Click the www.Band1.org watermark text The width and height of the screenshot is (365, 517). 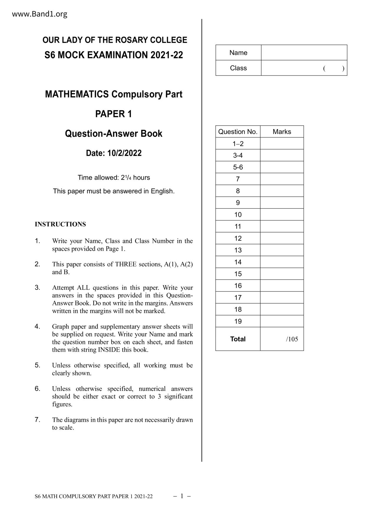pos(39,14)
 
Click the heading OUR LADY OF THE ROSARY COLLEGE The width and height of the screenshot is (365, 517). pos(115,40)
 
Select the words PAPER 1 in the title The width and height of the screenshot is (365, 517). pos(114,114)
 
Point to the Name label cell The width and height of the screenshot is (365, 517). pos(238,53)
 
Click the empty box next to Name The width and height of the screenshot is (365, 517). pos(304,53)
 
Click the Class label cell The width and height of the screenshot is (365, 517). pos(238,68)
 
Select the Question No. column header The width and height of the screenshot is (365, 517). pos(238,132)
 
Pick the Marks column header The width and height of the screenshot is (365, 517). pos(282,132)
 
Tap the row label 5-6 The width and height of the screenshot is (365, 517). pos(238,167)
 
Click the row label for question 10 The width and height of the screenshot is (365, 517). pos(238,215)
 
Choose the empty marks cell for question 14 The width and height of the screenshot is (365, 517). pos(282,262)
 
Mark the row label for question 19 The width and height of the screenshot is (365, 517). pos(238,321)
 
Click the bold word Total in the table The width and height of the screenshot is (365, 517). pos(238,339)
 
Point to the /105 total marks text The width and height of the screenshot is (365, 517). pos(292,339)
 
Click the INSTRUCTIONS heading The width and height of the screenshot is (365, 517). pos(60,224)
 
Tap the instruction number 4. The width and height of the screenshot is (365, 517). pos(37,326)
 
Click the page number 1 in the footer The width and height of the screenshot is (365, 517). pos(182,496)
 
